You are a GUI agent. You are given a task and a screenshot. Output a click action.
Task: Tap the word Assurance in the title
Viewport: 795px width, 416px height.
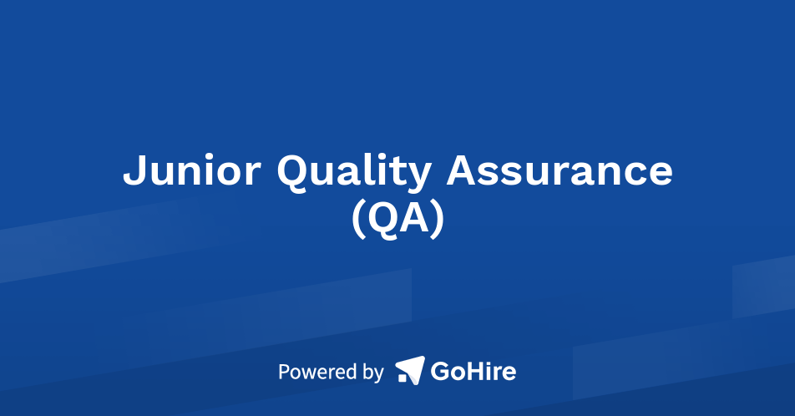point(560,171)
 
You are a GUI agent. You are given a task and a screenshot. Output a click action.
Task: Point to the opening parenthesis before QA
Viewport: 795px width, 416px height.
point(357,219)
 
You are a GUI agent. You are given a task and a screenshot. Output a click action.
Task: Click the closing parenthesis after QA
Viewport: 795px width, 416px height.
point(436,219)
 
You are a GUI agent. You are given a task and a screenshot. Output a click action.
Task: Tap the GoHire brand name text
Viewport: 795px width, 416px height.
point(473,370)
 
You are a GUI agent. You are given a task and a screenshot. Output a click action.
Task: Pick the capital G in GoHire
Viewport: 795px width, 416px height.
point(440,370)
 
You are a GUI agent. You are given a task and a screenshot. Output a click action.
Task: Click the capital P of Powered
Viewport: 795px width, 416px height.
point(284,371)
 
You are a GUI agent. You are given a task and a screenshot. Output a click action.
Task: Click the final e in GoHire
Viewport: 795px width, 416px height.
point(508,373)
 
